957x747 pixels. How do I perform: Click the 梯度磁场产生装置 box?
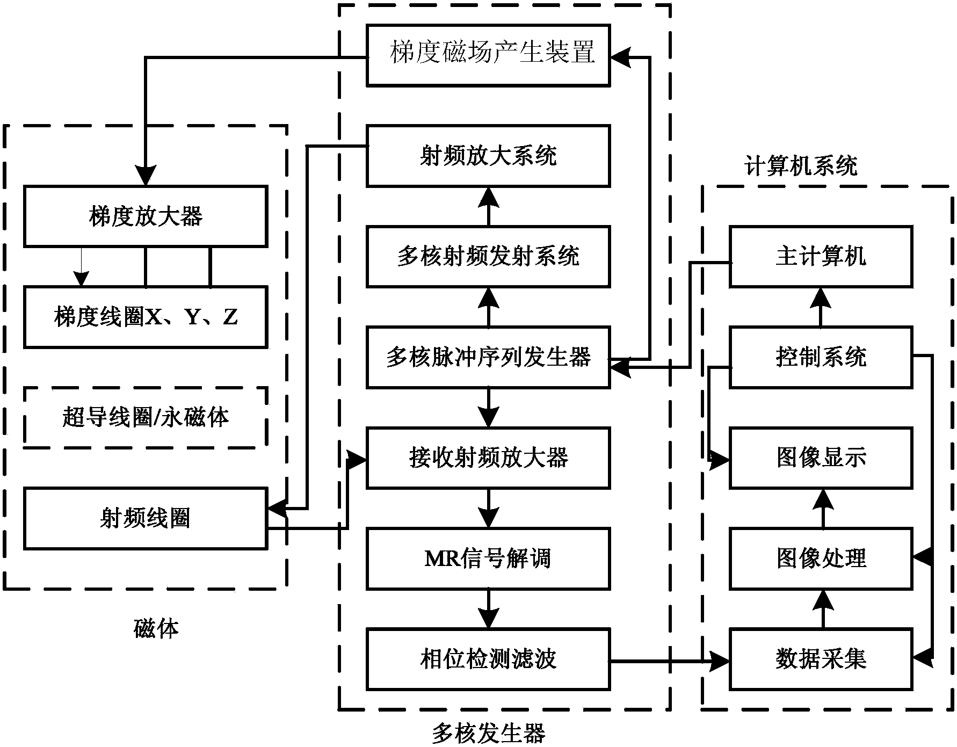[488, 55]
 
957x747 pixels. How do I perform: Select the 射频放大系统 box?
[488, 156]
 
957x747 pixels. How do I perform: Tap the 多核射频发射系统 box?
[488, 257]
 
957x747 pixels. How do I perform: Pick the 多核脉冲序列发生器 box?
[488, 357]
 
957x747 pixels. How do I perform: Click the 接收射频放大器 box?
[488, 458]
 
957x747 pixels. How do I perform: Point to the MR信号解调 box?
[488, 559]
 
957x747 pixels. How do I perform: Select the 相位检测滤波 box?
[488, 659]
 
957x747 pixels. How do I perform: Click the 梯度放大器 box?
[146, 216]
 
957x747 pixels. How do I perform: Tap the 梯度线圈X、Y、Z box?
[146, 317]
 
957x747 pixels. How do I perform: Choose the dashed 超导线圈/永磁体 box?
[146, 417]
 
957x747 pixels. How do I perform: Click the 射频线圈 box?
[146, 518]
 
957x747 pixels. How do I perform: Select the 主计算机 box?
[821, 257]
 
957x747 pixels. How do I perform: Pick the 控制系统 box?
[821, 357]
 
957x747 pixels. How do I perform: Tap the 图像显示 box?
[821, 458]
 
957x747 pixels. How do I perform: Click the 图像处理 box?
[821, 559]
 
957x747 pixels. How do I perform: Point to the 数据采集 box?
[821, 659]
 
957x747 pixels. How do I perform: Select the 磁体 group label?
[156, 628]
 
